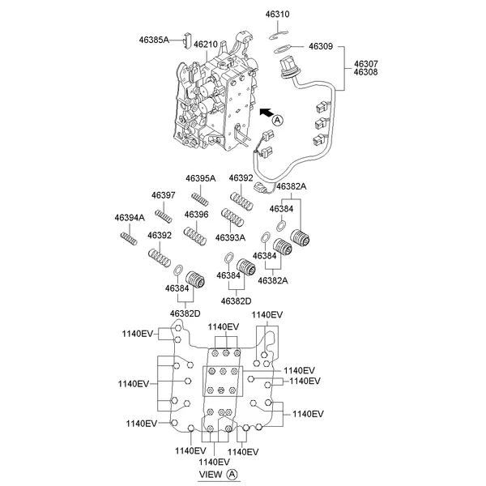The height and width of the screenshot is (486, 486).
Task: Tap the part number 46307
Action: coord(364,63)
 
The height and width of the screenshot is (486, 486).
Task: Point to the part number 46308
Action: coord(364,73)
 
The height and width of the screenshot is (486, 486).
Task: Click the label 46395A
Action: coord(200,178)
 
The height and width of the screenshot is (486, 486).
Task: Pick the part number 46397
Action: coord(164,195)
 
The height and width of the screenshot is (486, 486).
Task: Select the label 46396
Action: coord(196,214)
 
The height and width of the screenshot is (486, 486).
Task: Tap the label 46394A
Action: coord(130,217)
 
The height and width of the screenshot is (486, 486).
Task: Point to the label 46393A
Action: coord(230,237)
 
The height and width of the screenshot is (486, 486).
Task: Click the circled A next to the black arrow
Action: coord(277,120)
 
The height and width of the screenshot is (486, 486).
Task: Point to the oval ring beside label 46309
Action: coord(287,49)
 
